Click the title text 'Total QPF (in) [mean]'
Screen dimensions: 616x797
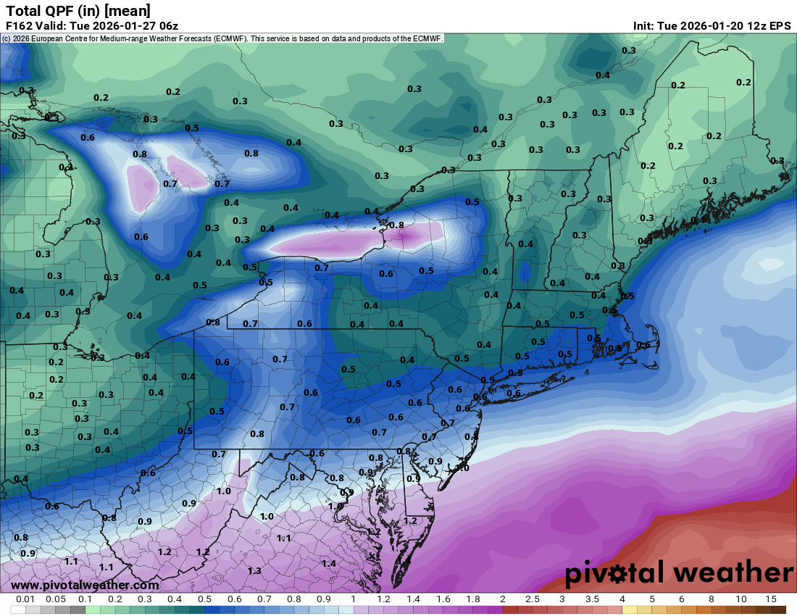(78, 10)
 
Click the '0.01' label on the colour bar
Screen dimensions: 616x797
(26, 599)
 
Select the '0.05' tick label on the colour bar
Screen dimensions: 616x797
(56, 599)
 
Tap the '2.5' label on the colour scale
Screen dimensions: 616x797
(533, 599)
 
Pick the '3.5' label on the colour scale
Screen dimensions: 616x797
(592, 599)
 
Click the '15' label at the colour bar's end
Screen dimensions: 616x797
(770, 599)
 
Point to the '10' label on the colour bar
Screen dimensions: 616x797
(740, 599)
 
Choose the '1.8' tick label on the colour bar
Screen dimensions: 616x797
(473, 599)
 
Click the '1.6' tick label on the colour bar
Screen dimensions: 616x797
(443, 599)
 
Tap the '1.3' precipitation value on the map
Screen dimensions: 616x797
(254, 571)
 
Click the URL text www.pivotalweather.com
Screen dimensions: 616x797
(85, 585)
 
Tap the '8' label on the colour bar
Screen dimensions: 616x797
(711, 599)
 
